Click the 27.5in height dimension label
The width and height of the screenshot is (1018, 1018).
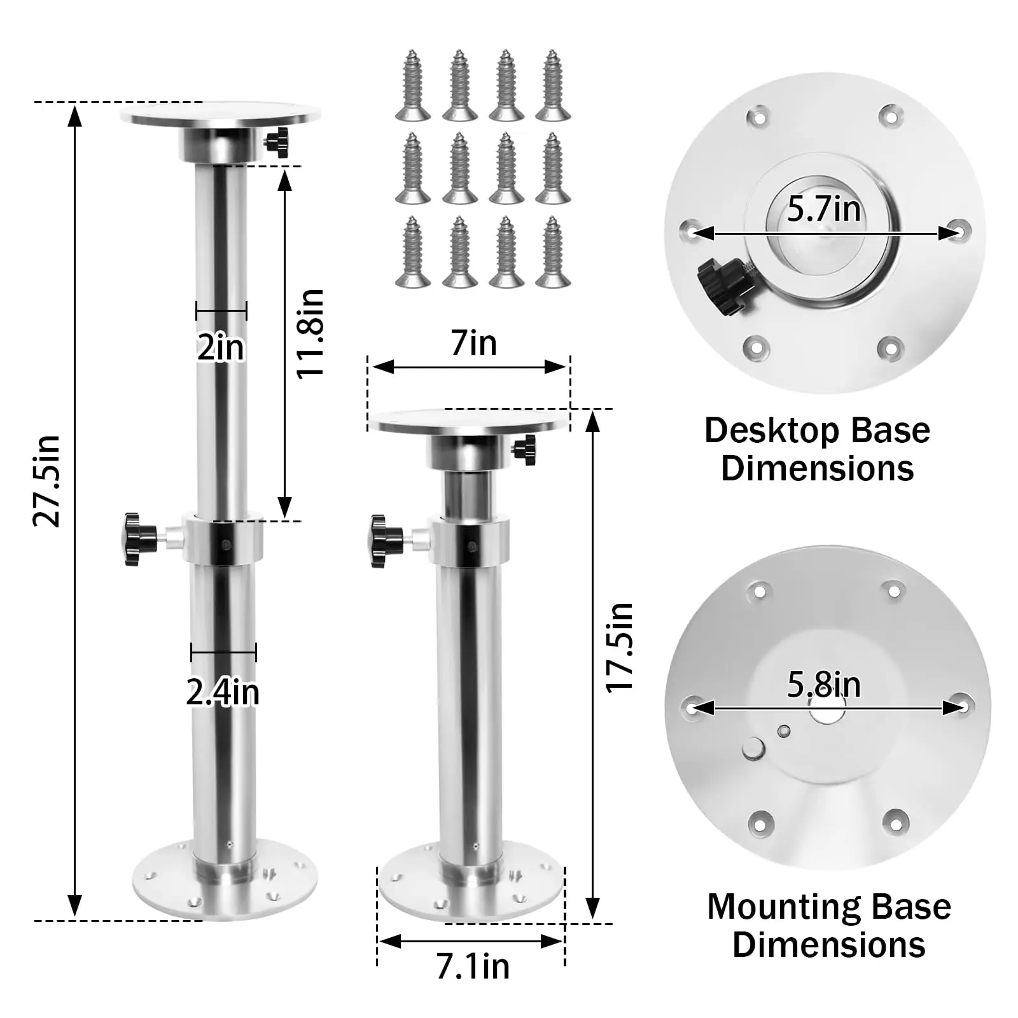click(x=47, y=481)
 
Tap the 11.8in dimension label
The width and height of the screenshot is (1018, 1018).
click(x=311, y=333)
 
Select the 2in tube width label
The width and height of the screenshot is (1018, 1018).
click(x=221, y=347)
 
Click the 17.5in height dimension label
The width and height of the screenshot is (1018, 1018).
click(x=619, y=647)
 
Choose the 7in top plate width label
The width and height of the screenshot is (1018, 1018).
click(x=473, y=344)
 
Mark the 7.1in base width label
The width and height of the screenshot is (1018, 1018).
click(x=473, y=967)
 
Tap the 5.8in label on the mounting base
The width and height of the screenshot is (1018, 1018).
click(x=824, y=685)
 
